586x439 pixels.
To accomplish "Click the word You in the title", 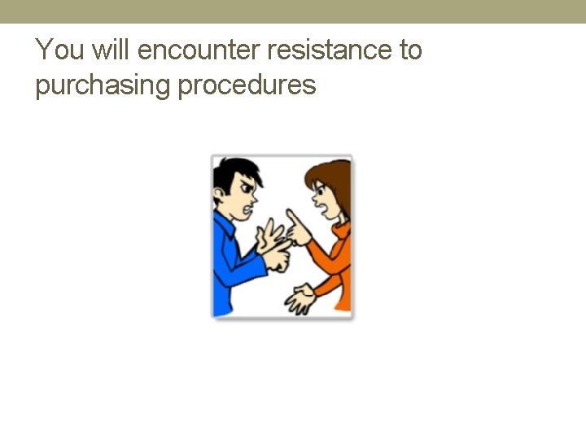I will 59,50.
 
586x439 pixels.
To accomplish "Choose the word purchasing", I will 103,85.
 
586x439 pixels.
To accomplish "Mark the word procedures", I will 247,85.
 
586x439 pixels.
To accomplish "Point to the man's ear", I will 219,196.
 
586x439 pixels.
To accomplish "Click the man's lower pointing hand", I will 277,260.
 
